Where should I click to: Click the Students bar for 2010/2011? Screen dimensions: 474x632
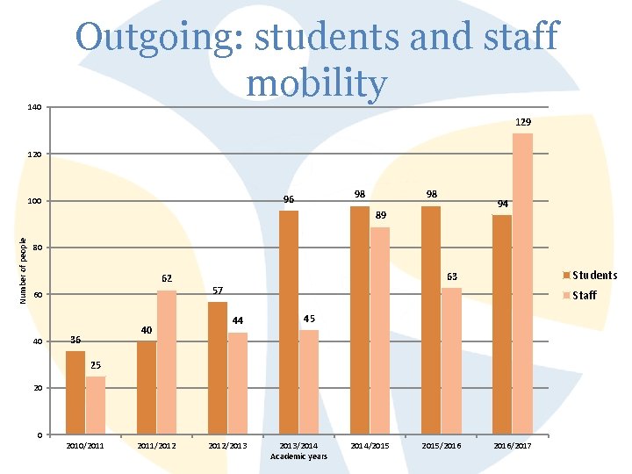(x=75, y=392)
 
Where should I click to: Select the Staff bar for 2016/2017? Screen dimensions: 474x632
(x=522, y=284)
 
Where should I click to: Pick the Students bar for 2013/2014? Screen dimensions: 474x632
(x=289, y=322)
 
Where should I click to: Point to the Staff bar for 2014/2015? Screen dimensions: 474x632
(x=380, y=330)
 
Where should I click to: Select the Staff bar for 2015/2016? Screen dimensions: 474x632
(x=451, y=361)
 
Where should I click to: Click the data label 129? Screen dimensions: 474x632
(x=523, y=121)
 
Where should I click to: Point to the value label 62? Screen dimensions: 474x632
(x=167, y=278)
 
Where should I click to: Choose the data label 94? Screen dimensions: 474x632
(x=503, y=204)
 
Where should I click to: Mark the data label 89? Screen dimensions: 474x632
(x=380, y=214)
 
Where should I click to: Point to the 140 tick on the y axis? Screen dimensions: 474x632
(x=34, y=108)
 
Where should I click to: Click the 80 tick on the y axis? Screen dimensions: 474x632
(x=36, y=248)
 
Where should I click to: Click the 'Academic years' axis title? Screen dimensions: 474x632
(x=298, y=456)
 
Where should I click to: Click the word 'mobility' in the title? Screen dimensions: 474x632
(x=316, y=83)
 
